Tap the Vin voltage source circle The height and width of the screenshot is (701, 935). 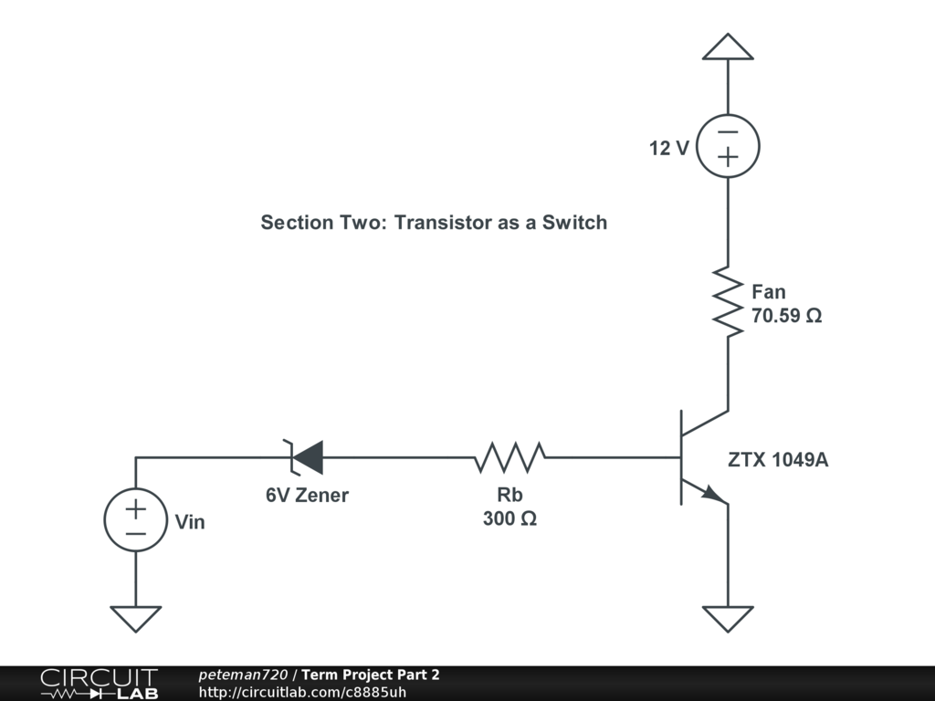click(136, 519)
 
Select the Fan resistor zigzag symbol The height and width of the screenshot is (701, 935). click(728, 302)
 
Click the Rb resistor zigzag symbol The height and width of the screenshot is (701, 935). click(510, 456)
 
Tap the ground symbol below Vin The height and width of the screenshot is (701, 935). click(136, 618)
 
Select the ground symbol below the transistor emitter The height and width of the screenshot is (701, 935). click(728, 618)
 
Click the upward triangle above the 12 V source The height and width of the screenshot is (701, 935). click(728, 47)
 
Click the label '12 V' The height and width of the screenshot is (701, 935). click(669, 148)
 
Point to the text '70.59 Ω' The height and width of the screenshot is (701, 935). click(786, 317)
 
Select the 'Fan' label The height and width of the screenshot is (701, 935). click(768, 292)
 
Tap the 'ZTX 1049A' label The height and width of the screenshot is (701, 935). click(778, 460)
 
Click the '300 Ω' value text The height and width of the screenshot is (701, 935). click(510, 519)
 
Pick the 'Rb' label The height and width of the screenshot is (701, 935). click(510, 495)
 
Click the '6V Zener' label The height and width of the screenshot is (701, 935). click(307, 496)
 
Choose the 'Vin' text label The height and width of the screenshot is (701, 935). click(190, 523)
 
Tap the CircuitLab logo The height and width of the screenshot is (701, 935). click(99, 684)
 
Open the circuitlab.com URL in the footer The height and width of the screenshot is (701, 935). click(302, 692)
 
